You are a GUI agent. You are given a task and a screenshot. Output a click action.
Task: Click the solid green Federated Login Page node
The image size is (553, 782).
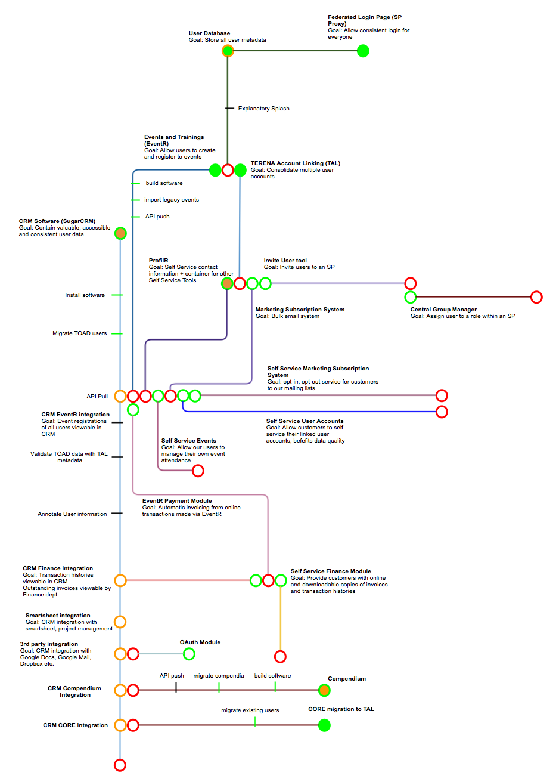click(363, 51)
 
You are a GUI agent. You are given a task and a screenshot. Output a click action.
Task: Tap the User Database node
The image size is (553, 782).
click(228, 51)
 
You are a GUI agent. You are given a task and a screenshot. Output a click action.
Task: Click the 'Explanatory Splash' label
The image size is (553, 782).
click(263, 109)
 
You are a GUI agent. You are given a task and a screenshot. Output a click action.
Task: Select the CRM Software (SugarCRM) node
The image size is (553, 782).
click(120, 233)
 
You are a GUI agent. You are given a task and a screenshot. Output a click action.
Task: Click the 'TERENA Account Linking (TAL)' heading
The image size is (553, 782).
click(296, 163)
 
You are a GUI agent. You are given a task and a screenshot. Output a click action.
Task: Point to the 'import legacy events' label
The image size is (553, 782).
click(172, 200)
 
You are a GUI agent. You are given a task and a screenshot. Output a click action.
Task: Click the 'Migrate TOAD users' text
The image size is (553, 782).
click(79, 333)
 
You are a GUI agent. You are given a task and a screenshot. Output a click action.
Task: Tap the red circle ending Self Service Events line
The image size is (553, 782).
click(198, 471)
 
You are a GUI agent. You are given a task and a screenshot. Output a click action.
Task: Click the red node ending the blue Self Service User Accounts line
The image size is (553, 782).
click(442, 412)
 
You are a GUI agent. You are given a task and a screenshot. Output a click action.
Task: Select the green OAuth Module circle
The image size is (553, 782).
click(189, 654)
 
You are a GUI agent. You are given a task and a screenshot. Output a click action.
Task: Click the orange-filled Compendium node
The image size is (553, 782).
click(324, 690)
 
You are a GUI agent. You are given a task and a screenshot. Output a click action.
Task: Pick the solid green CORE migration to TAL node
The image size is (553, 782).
click(324, 725)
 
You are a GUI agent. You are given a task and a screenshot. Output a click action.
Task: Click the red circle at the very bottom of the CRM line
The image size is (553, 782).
click(120, 765)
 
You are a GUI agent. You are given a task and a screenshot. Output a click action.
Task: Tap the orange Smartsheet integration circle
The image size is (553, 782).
click(120, 622)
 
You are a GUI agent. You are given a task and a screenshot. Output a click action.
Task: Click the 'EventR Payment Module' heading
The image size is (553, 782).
click(177, 501)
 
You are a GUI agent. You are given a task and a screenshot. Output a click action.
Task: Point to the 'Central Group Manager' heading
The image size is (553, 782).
click(443, 310)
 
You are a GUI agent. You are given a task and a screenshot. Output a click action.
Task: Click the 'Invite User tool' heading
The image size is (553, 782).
click(285, 261)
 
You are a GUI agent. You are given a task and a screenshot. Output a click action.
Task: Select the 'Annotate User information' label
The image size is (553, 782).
click(72, 514)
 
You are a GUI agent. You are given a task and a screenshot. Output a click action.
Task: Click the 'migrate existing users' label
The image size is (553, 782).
click(250, 710)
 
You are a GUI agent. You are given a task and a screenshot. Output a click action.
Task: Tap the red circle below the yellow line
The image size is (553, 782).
click(280, 657)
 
